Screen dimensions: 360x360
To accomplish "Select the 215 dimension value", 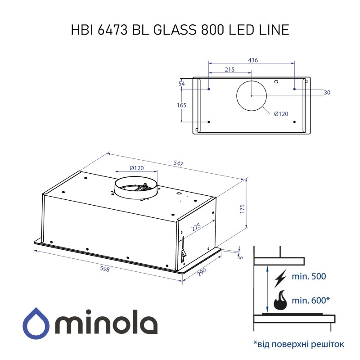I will point(229,70).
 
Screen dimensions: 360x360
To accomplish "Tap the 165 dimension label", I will point(182,105).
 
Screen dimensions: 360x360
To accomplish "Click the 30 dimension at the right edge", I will point(327,93).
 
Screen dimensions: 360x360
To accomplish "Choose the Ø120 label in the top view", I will point(281,114).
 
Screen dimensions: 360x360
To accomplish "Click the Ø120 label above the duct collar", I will point(136,168).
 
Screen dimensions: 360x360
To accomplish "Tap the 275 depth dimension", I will point(196,228).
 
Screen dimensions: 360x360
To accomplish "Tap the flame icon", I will point(279,301).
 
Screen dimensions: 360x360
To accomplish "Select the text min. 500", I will point(309,277).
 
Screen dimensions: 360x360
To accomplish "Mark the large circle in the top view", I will point(252,96).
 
